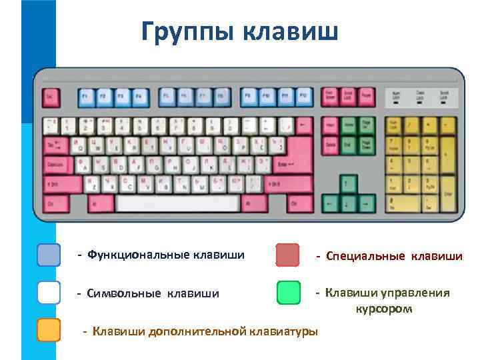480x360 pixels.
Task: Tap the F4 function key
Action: (x=139, y=97)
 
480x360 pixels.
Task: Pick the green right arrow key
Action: (x=366, y=202)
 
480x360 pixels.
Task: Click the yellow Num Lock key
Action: (x=395, y=125)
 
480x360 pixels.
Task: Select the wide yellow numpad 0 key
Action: (x=403, y=202)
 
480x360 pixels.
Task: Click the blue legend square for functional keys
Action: (x=49, y=255)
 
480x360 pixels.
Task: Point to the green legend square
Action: (x=288, y=293)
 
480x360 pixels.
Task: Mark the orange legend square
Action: (x=49, y=330)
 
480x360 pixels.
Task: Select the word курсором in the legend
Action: (x=384, y=309)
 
